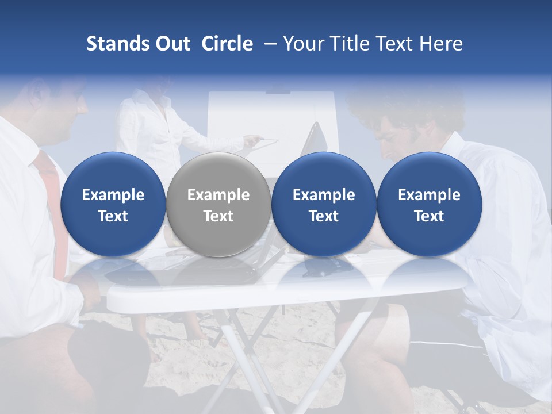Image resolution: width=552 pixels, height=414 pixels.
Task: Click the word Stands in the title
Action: pos(117,44)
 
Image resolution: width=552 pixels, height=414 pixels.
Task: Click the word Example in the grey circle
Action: pos(218,195)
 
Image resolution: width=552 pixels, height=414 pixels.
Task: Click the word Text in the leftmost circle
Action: pos(113,216)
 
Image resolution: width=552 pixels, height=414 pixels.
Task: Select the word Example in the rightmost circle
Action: pos(429,195)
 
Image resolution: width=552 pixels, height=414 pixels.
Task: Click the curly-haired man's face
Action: pos(388,138)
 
